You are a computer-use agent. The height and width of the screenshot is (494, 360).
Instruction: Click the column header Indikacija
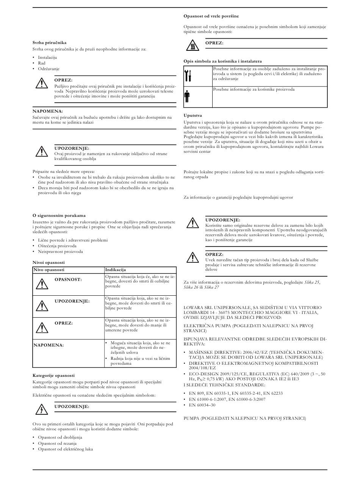click(115, 270)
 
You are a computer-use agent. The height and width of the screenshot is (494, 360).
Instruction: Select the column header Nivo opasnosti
click(49, 270)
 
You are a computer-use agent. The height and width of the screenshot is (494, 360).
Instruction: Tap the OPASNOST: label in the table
click(68, 279)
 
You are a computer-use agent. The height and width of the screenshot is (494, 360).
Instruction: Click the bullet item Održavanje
click(49, 69)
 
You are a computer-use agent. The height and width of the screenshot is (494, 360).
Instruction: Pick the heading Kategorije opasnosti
click(53, 375)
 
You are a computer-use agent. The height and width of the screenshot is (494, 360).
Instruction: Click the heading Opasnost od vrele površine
click(211, 16)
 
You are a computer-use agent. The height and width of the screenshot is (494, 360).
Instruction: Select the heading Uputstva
click(193, 115)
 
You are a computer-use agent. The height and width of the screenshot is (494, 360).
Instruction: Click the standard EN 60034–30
click(202, 405)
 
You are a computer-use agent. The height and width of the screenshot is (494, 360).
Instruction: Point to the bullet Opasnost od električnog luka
click(65, 449)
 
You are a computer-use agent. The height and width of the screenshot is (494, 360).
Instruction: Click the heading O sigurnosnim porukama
click(59, 215)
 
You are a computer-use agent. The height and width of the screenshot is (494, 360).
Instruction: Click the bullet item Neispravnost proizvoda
click(60, 251)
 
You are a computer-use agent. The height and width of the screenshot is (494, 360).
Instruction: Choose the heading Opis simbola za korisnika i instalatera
click(222, 61)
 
